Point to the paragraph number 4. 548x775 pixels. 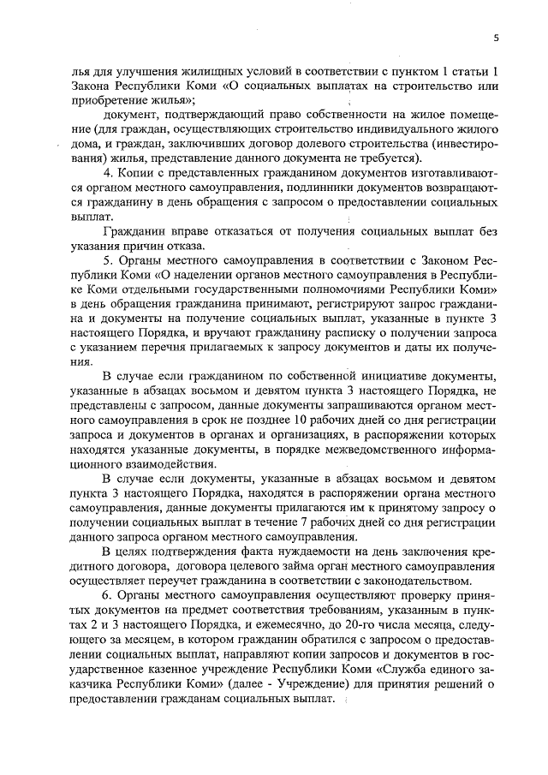[x=107, y=176]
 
